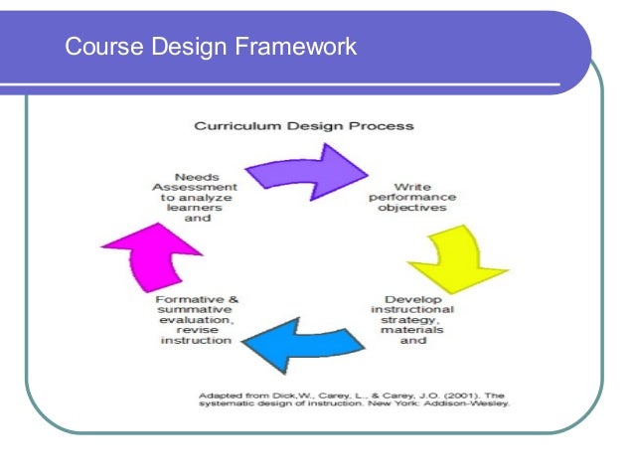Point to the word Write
pyautogui.click(x=411, y=186)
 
